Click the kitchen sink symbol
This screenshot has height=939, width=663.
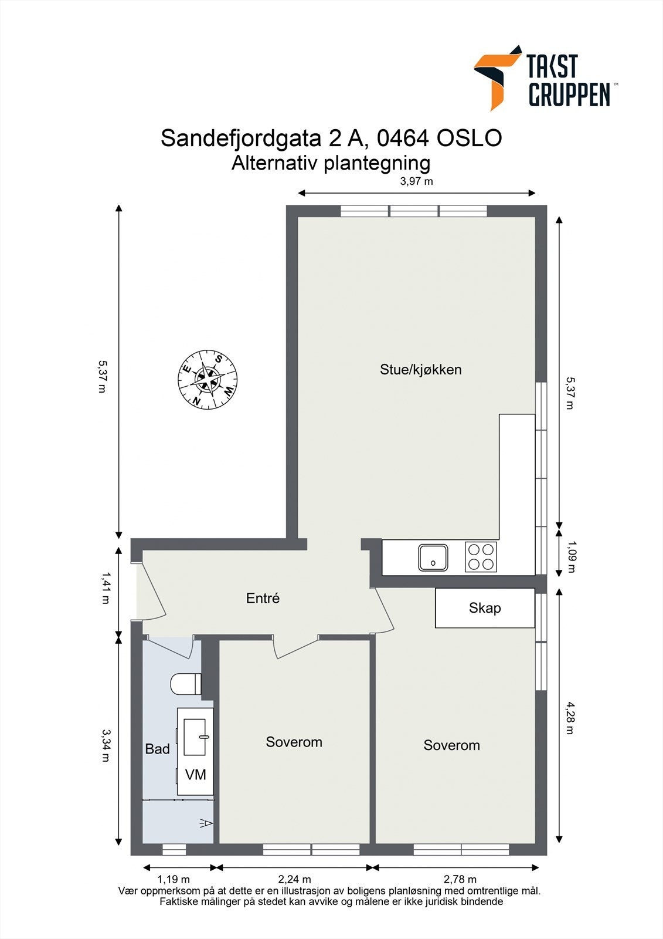pyautogui.click(x=433, y=558)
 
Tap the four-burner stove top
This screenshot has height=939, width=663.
pyautogui.click(x=481, y=557)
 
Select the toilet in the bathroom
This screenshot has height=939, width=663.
pyautogui.click(x=186, y=684)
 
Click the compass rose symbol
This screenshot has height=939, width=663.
pyautogui.click(x=208, y=380)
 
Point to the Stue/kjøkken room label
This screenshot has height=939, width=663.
pyautogui.click(x=420, y=370)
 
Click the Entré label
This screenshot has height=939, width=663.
pyautogui.click(x=263, y=599)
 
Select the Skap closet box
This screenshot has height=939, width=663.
pyautogui.click(x=485, y=608)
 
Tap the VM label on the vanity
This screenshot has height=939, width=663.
pyautogui.click(x=195, y=775)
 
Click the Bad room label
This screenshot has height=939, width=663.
pyautogui.click(x=157, y=749)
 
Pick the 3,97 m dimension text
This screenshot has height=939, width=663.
pyautogui.click(x=416, y=181)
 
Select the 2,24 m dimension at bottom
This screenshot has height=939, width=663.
pyautogui.click(x=294, y=879)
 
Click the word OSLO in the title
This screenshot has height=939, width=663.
pyautogui.click(x=469, y=139)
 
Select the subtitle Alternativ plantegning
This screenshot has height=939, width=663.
pyautogui.click(x=331, y=163)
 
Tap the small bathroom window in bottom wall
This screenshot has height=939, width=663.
pyautogui.click(x=174, y=849)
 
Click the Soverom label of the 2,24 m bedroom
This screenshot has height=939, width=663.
pyautogui.click(x=294, y=742)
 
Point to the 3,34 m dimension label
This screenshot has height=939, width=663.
pyautogui.click(x=106, y=745)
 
